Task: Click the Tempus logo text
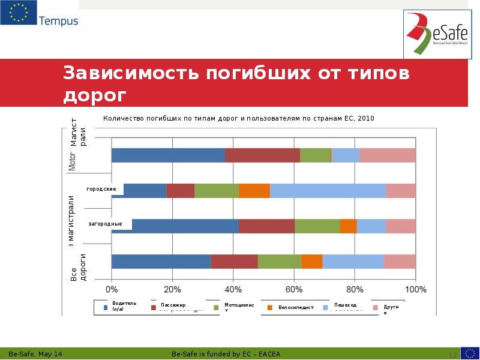[x=58, y=21]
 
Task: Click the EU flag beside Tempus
[x=18, y=13]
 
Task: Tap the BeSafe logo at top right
[x=436, y=35]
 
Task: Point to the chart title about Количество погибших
[x=238, y=118]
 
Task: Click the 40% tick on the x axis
[x=233, y=289]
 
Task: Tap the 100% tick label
[x=416, y=289]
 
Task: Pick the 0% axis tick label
[x=112, y=289]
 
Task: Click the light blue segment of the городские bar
[x=328, y=191]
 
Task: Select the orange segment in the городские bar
[x=254, y=191]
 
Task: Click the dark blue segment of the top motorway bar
[x=168, y=155]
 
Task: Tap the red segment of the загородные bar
[x=266, y=226]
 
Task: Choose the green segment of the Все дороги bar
[x=279, y=262]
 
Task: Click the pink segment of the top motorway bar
[x=388, y=155]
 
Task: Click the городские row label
[x=101, y=189]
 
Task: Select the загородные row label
[x=105, y=224]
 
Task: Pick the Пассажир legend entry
[x=173, y=305]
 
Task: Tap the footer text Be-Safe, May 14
[x=37, y=353]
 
